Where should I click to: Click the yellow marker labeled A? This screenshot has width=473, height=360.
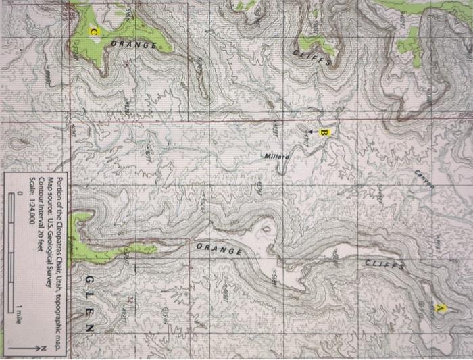pos(443,307)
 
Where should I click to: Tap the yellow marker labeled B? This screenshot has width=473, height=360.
pos(324,132)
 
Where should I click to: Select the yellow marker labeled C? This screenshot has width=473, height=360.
pos(94,32)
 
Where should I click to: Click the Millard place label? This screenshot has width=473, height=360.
pos(276,156)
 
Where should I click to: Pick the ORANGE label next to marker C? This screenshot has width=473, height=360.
pos(134,45)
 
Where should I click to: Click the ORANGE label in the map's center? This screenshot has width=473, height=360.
pos(219,251)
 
